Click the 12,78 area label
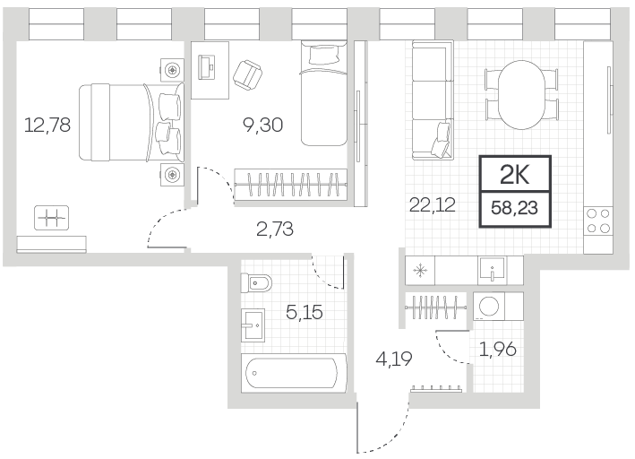(x=47, y=125)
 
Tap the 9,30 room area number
(x=262, y=125)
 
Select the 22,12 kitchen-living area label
(x=432, y=204)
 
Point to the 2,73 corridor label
(x=275, y=229)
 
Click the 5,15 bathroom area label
(x=305, y=312)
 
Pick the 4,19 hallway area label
(x=394, y=359)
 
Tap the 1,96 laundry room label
(x=498, y=349)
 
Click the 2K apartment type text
(x=515, y=175)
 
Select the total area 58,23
(x=514, y=208)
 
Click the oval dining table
(x=521, y=95)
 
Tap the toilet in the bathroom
(x=256, y=282)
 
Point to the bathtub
(x=294, y=373)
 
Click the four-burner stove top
(x=598, y=221)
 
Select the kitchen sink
(x=492, y=270)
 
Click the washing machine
(x=489, y=307)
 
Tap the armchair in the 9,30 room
(x=248, y=75)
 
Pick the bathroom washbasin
(x=253, y=325)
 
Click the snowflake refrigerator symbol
(x=420, y=270)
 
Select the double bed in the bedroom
(x=132, y=122)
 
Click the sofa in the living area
(x=433, y=100)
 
